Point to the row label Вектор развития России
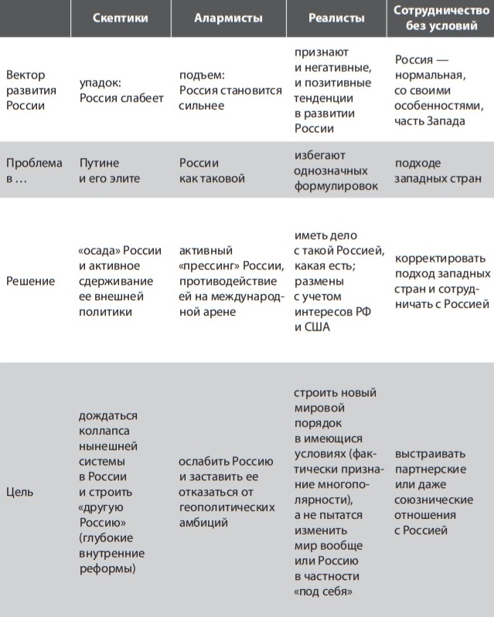[x=26, y=90]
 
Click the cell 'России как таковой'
[x=212, y=171]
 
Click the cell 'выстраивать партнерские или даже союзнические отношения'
[x=433, y=491]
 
